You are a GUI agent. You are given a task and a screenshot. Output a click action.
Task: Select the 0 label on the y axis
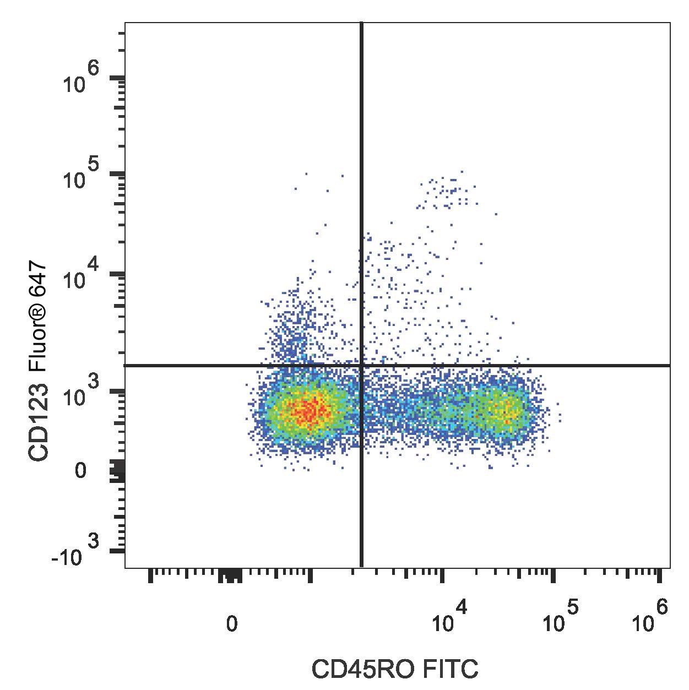(x=80, y=471)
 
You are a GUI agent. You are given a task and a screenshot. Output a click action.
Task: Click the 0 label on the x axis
(x=232, y=624)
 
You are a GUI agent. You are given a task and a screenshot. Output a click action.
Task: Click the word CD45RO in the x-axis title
(x=356, y=670)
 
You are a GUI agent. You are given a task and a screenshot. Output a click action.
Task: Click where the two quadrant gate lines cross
(x=361, y=365)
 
